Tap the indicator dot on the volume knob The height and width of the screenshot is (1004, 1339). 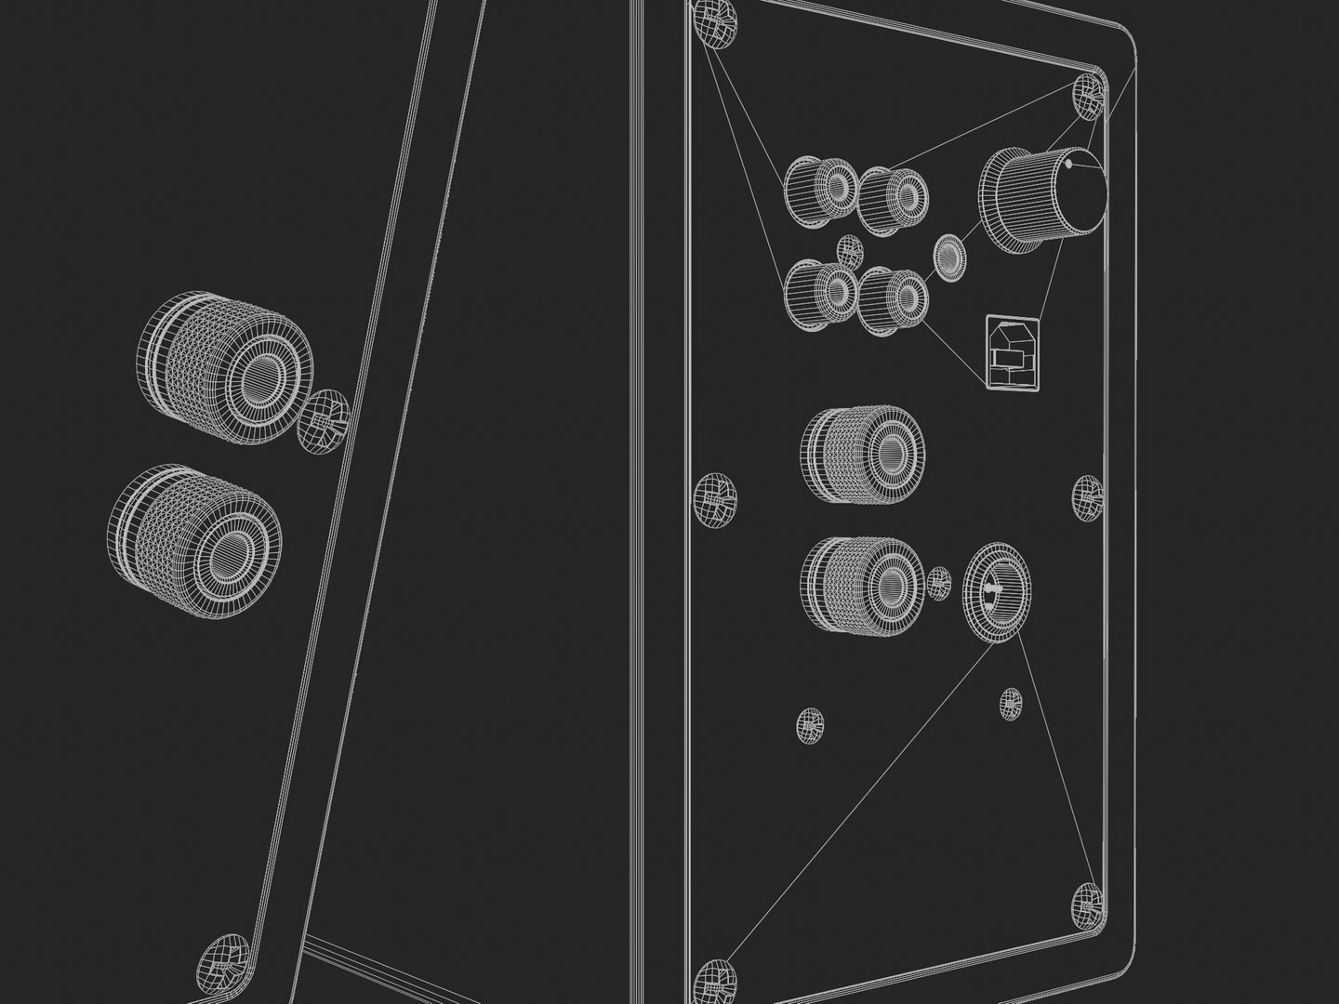1070,165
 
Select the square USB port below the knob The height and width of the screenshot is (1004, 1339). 1012,351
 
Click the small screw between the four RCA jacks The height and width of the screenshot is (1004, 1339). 849,250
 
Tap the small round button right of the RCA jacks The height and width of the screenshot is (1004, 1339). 948,255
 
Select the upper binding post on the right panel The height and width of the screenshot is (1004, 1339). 863,455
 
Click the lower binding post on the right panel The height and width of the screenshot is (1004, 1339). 863,587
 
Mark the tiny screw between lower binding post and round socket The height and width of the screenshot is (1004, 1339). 938,583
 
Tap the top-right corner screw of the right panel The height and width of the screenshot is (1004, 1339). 1088,95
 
